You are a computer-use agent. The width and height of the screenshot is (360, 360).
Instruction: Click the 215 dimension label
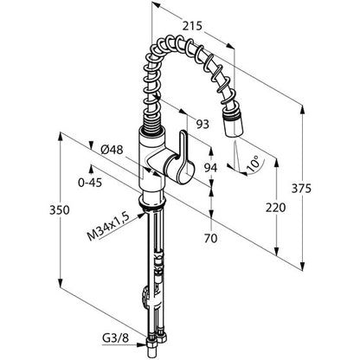coord(192,26)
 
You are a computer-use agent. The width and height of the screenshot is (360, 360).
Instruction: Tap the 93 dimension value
coord(202,125)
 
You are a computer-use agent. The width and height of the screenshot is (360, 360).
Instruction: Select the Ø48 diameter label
coord(112,150)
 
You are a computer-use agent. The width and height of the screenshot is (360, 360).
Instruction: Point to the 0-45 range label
coord(90,183)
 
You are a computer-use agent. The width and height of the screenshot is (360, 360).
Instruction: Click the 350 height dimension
coord(60,210)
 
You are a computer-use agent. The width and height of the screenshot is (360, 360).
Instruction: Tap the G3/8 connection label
coord(115,337)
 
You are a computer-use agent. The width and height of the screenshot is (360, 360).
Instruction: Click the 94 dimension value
coord(211,167)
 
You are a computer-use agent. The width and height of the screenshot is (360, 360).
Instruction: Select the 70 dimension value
coord(211,238)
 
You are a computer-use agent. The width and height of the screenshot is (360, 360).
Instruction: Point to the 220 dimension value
coord(275,208)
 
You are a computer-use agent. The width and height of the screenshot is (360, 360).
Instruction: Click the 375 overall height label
coord(301,189)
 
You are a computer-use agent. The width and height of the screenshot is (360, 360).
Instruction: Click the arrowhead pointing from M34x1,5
coord(141,215)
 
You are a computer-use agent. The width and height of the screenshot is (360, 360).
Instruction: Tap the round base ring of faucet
coord(152,201)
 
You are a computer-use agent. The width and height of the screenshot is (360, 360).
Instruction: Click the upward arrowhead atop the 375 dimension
coord(302,111)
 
